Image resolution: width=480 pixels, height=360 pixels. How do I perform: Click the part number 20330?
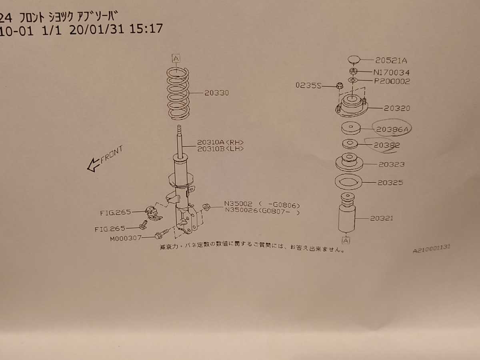coord(216,93)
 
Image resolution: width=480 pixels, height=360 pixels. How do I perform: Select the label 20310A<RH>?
coord(220,142)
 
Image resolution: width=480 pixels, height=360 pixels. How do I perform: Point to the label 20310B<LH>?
coord(220,149)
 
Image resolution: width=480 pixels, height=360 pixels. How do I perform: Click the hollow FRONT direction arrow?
coord(93,165)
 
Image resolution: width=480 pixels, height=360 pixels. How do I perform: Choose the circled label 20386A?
coord(392,129)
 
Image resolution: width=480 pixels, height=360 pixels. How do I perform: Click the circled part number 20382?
coord(387,145)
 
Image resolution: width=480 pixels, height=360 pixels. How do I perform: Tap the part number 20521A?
coord(391,60)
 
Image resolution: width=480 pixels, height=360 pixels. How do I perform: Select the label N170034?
coord(391,72)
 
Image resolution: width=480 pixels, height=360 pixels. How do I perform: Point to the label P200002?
coord(392,81)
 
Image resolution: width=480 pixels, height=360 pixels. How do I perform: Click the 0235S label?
coord(308,85)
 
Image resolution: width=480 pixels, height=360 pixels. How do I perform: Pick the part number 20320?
coord(397,108)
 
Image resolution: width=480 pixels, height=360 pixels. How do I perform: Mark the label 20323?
coord(392,164)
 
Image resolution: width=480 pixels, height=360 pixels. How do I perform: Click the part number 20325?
coord(390,182)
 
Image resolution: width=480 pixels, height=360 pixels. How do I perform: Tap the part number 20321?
coord(381,218)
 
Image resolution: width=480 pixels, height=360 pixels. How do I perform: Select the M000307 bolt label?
coord(126,238)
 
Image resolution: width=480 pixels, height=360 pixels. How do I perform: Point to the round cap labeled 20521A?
coord(354,60)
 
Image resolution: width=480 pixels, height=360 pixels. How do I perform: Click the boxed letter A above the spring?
coord(176,58)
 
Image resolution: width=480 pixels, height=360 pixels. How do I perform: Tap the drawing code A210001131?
coord(431,249)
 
